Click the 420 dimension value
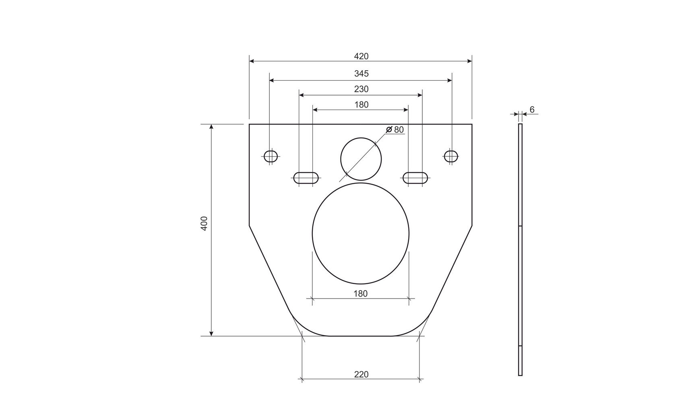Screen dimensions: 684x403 (x=361, y=56)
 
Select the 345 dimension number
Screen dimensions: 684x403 (x=361, y=73)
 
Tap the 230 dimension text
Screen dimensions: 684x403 (x=361, y=89)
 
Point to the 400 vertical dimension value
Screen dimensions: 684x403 (x=204, y=223)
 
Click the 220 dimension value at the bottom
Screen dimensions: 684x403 (x=361, y=374)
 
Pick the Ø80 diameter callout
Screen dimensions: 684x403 (x=395, y=130)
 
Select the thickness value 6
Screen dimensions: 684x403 (x=532, y=110)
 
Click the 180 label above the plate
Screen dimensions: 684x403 (x=361, y=104)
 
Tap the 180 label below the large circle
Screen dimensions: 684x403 (x=360, y=293)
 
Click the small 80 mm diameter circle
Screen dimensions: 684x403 (x=361, y=138)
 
